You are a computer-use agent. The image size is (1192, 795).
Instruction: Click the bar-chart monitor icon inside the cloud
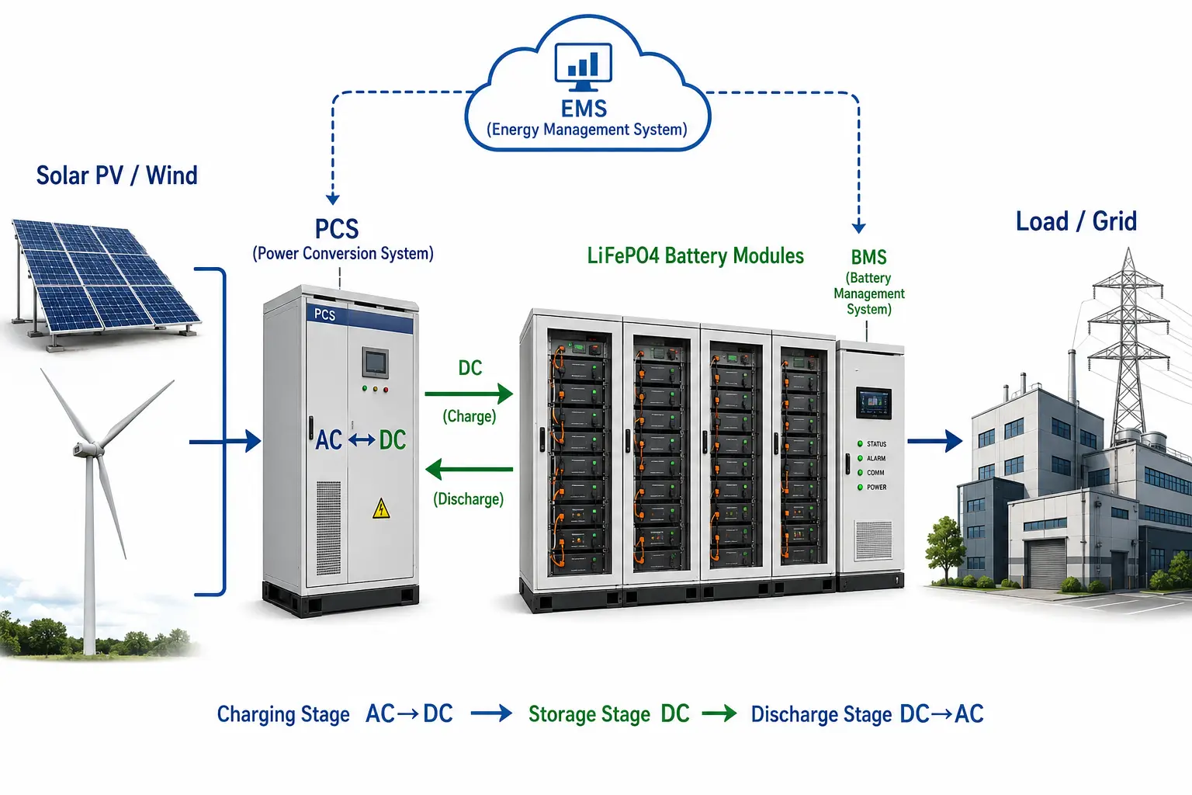click(x=584, y=67)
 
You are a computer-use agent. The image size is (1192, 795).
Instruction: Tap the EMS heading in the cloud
click(x=584, y=109)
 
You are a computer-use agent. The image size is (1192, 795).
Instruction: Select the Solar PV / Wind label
click(x=116, y=175)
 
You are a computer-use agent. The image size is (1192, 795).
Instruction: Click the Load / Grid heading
click(x=1076, y=221)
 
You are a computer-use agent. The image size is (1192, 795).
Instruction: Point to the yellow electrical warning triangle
click(x=381, y=509)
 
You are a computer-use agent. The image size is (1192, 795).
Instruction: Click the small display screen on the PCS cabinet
click(x=375, y=363)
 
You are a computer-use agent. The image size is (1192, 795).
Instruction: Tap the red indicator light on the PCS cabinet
click(x=386, y=390)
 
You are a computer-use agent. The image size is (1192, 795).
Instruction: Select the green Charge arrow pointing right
click(x=469, y=394)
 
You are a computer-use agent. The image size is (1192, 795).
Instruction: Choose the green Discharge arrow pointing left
click(x=469, y=469)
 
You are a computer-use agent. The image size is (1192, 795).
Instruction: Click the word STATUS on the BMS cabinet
click(x=876, y=444)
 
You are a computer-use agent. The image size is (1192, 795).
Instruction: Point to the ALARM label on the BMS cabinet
click(x=876, y=459)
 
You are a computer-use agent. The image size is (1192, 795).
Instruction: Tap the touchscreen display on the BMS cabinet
click(x=873, y=403)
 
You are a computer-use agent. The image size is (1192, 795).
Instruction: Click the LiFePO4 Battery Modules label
click(x=695, y=256)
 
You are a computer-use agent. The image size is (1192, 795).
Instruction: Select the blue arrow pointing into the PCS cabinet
click(x=225, y=442)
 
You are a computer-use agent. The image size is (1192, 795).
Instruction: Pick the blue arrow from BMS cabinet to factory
click(x=935, y=441)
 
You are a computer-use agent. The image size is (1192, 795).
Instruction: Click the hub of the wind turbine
click(x=85, y=449)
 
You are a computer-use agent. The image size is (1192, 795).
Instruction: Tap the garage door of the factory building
click(x=1048, y=564)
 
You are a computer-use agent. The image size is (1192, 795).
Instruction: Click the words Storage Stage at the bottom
click(x=589, y=714)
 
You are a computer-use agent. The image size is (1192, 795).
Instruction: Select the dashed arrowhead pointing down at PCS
click(x=333, y=200)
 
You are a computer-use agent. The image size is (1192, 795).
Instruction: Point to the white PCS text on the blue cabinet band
click(x=324, y=314)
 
